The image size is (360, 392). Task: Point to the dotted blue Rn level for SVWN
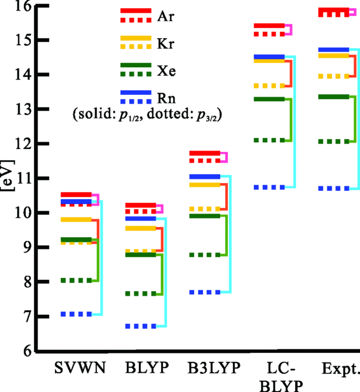point(76,314)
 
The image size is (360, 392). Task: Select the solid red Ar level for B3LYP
point(205,153)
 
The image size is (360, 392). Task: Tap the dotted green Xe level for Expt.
point(333,141)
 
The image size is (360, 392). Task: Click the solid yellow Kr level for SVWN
point(76,220)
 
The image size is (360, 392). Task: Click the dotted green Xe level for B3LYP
point(205,255)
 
